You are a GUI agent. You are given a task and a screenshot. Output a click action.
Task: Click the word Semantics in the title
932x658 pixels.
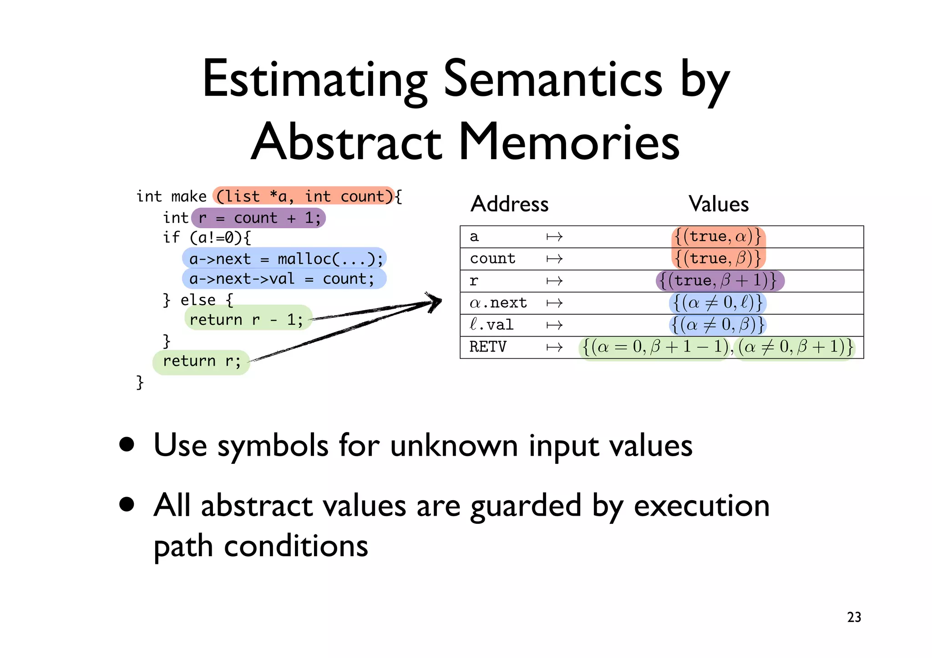pos(552,80)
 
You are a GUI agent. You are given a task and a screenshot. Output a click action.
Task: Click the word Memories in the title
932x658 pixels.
pos(569,142)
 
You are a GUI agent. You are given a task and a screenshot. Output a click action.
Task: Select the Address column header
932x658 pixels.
pos(509,204)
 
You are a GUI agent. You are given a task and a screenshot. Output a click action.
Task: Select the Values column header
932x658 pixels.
pos(718,204)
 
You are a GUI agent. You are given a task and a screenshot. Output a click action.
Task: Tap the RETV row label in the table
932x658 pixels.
pos(487,347)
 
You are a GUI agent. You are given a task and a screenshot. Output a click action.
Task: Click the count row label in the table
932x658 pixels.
pos(492,258)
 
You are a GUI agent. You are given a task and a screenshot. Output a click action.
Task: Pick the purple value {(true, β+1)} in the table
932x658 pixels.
pos(720,281)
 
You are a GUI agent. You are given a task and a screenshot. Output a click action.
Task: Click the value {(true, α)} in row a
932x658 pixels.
pos(718,236)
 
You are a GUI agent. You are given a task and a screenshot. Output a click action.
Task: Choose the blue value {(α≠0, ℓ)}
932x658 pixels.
pos(718,303)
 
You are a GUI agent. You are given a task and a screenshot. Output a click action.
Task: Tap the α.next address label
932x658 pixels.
pos(498,303)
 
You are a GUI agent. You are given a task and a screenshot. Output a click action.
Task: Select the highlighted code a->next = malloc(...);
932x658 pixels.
pos(285,259)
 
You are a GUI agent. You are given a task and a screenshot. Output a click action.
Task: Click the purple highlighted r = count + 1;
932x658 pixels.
pos(258,218)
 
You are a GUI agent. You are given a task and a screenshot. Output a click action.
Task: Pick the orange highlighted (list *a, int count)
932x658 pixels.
pos(304,196)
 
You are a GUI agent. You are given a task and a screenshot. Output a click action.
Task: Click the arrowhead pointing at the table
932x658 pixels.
pos(435,301)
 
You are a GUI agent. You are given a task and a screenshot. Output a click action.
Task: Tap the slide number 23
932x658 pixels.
pos(854,617)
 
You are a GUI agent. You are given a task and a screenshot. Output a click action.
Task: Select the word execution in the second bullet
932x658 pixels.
pos(701,506)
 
